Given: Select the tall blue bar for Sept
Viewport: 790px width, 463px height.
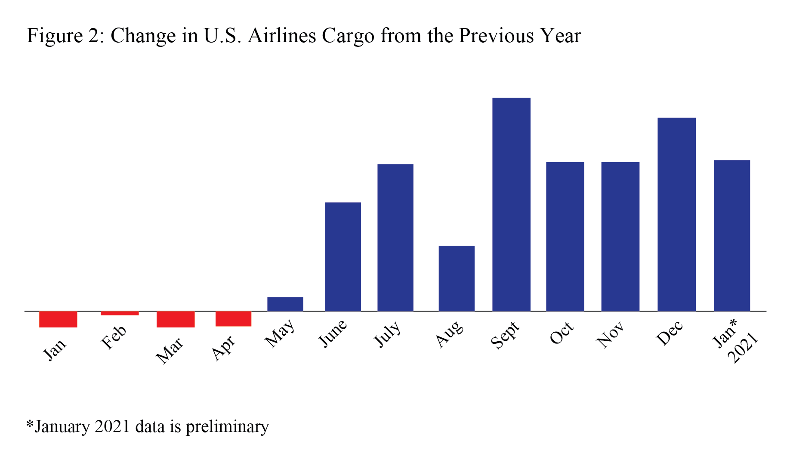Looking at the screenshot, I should click(x=511, y=204).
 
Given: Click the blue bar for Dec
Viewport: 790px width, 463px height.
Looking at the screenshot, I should click(x=676, y=214).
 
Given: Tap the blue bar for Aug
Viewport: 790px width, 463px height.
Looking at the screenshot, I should click(x=457, y=278).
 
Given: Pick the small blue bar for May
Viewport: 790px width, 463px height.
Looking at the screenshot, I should click(x=285, y=304).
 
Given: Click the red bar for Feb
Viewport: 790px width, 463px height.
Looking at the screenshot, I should click(x=120, y=313).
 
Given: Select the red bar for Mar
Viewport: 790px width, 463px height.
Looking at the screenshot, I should click(x=176, y=319).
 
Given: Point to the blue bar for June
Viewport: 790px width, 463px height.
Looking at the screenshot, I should click(x=343, y=256).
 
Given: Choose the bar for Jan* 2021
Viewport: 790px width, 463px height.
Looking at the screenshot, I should click(x=732, y=235).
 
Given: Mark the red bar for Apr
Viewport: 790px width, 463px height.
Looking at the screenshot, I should click(x=233, y=319).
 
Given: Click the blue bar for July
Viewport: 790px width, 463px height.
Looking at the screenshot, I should click(x=395, y=238).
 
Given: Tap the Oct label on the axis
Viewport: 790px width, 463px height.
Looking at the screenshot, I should click(x=562, y=333).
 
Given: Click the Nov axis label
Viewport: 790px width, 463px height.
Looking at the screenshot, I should click(x=610, y=335).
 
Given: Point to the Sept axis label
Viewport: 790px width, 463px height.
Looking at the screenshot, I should click(x=505, y=335).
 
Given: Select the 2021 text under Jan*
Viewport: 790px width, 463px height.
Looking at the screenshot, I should click(x=743, y=349).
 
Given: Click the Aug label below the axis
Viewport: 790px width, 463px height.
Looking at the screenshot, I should click(x=450, y=334).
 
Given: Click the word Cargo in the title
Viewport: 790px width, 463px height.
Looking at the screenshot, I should click(x=348, y=36).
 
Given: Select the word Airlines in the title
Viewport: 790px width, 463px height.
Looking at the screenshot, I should click(x=282, y=36).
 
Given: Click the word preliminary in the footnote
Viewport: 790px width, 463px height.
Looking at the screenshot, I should click(x=227, y=426).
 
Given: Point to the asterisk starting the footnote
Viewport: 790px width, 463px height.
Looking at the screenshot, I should click(x=30, y=425).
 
